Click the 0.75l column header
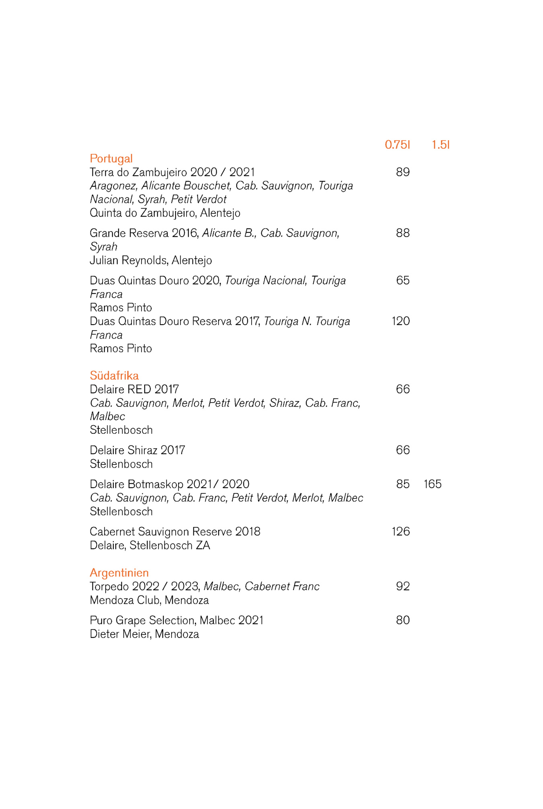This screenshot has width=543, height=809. (x=397, y=145)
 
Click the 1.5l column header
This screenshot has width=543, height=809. (x=441, y=145)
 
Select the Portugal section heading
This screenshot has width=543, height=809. (x=111, y=159)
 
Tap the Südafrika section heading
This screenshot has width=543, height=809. (x=114, y=376)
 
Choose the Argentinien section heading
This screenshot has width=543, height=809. (x=119, y=573)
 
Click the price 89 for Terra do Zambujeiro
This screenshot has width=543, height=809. (x=403, y=172)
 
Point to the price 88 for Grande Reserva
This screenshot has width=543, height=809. (x=403, y=233)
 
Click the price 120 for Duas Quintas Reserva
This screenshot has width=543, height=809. (x=401, y=321)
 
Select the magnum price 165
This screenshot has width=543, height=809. (x=432, y=484)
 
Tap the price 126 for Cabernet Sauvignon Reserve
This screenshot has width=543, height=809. (x=401, y=532)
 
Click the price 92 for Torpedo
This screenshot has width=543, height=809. (x=403, y=586)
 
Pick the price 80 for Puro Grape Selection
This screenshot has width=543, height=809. (x=403, y=620)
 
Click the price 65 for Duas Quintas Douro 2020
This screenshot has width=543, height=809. (x=403, y=280)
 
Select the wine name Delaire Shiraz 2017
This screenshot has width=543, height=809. (x=137, y=450)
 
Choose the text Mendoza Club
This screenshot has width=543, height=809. (x=125, y=600)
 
